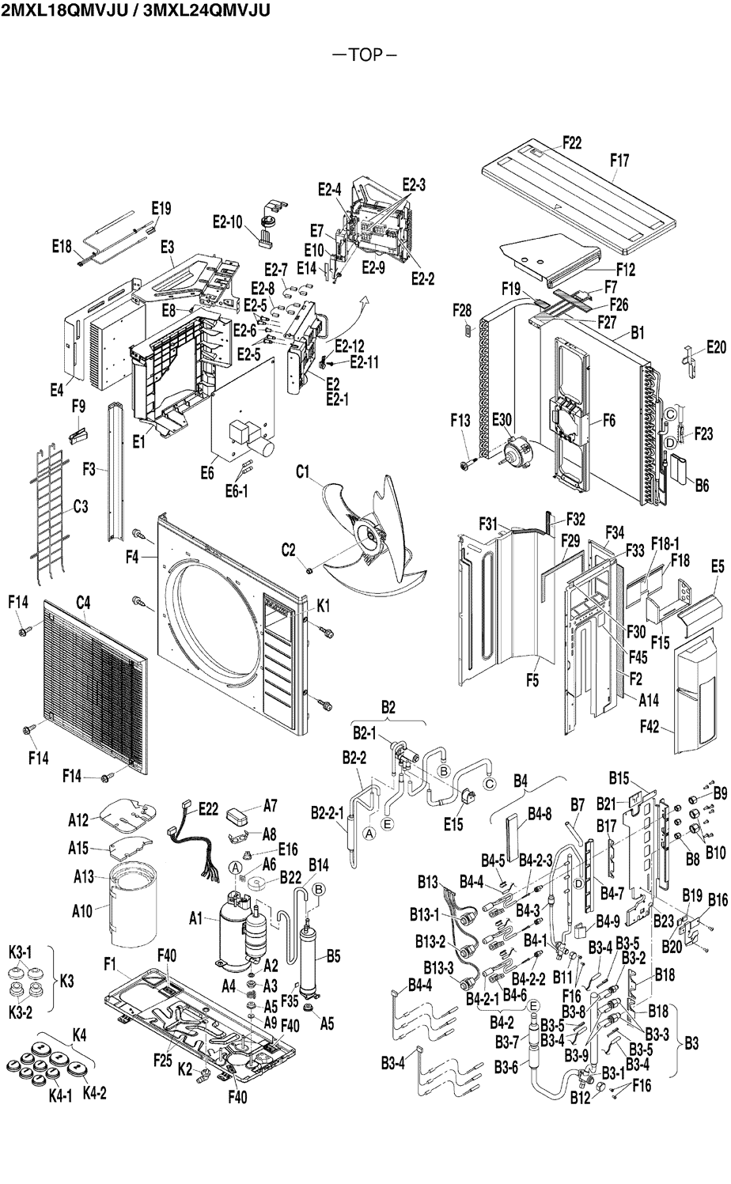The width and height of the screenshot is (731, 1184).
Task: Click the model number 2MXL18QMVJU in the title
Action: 64,10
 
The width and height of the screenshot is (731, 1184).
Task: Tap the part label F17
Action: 619,161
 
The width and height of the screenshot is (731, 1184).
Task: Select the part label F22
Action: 572,142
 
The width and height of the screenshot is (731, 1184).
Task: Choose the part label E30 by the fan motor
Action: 502,421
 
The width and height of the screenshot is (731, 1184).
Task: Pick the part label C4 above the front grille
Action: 83,603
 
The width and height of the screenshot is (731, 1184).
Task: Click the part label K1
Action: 323,606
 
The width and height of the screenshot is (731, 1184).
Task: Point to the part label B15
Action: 619,778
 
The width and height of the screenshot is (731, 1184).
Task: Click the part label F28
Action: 462,308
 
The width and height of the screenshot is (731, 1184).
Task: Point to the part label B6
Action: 702,486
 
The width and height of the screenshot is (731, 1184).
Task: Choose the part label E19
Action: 161,209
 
